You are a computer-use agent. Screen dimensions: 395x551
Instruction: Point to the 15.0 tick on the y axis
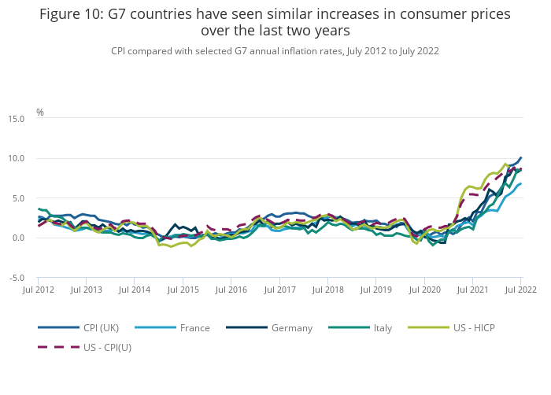point(16,119)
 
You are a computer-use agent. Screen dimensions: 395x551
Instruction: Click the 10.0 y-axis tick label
point(16,159)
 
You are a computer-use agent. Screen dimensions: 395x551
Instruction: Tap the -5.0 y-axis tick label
point(17,278)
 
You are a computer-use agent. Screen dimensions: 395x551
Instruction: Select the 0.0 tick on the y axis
point(17,238)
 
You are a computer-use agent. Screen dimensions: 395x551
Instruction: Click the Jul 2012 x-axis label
point(38,290)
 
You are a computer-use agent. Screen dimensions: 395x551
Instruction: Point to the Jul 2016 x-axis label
point(231,290)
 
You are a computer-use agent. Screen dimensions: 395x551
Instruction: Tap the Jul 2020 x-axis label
point(424,290)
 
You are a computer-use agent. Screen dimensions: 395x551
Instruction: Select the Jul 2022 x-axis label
point(520,290)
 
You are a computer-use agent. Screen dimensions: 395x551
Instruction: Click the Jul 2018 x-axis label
point(327,290)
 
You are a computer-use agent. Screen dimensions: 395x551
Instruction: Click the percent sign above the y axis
point(40,113)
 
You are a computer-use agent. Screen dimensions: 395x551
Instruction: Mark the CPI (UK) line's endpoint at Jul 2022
point(520,157)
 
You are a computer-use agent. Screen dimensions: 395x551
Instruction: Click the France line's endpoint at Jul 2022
point(520,184)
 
